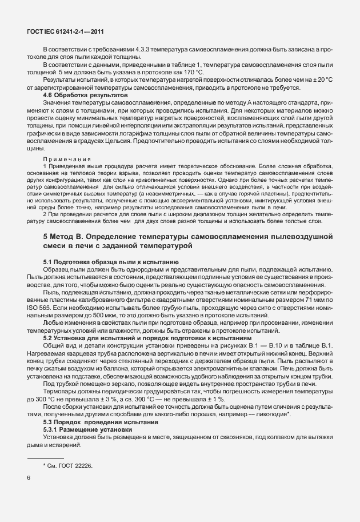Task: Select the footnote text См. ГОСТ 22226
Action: tap(67, 467)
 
